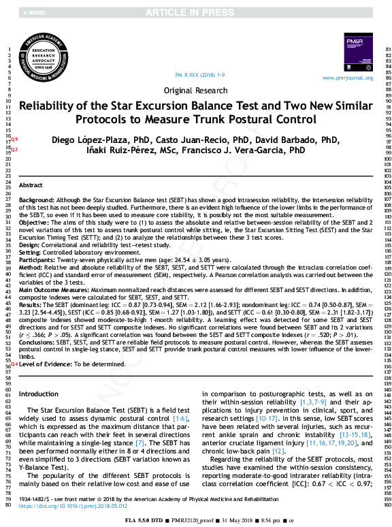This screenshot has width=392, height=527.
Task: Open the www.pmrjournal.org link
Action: pyautogui.click(x=347, y=78)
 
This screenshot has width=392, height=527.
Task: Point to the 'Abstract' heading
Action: pyautogui.click(x=30, y=185)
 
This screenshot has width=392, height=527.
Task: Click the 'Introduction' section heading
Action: pyautogui.click(x=39, y=394)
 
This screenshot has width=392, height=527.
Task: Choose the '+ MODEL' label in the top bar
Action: pyautogui.click(x=35, y=13)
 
